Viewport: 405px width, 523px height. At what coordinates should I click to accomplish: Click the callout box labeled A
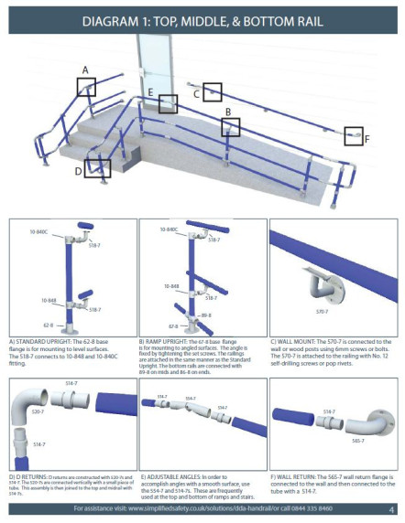86,87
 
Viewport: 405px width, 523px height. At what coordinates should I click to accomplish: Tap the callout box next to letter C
212,91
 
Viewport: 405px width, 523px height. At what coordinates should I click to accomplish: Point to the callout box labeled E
167,103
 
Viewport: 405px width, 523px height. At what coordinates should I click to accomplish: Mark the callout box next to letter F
354,136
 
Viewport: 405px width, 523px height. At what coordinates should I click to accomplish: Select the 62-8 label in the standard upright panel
47,323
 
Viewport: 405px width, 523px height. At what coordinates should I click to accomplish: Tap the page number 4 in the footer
391,508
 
